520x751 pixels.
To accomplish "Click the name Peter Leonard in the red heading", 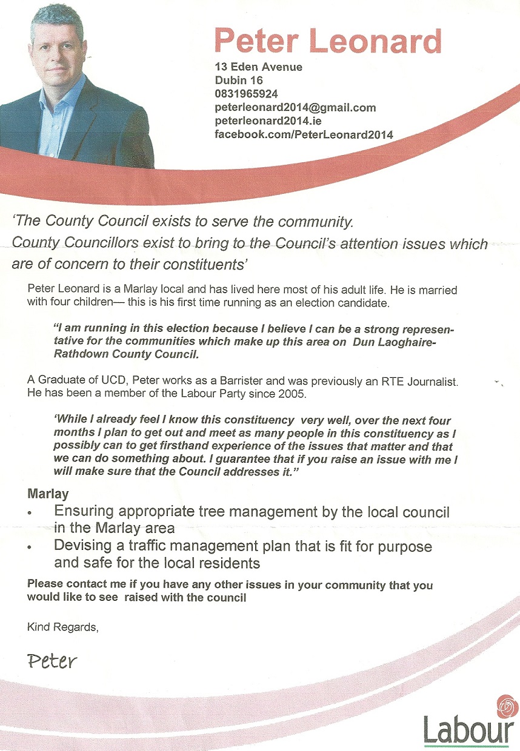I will click(x=328, y=41).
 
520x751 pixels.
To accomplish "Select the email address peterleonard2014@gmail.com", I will click(x=295, y=108).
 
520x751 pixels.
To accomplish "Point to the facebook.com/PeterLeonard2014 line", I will click(x=304, y=134).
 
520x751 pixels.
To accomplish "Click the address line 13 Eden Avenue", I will click(x=258, y=67).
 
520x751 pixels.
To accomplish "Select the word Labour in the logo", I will click(x=468, y=730).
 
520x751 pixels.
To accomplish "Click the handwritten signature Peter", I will click(x=52, y=660).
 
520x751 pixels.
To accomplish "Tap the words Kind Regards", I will click(x=62, y=627).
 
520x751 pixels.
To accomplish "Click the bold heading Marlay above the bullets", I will click(x=48, y=494).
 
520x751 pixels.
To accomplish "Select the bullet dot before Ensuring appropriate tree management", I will click(x=30, y=513).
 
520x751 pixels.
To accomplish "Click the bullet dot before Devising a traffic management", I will click(x=30, y=548).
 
